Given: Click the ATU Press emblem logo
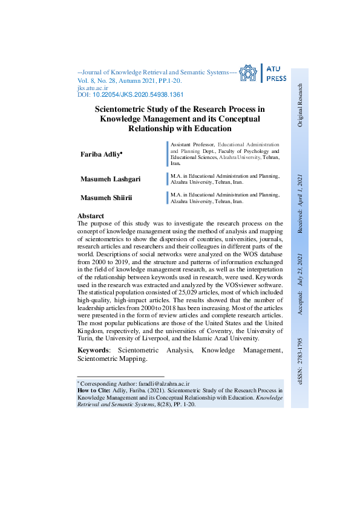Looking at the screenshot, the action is (248, 74).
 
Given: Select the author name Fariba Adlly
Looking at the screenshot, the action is (101, 155).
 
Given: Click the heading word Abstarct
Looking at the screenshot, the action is (91, 216).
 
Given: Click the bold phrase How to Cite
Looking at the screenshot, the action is (94, 391).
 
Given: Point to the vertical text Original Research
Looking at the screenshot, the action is (299, 105).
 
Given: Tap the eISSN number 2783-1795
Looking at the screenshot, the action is (299, 357).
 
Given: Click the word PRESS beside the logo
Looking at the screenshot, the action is (277, 79).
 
